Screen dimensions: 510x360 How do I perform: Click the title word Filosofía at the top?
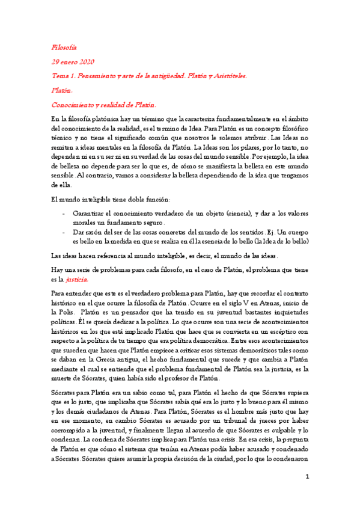point(64,47)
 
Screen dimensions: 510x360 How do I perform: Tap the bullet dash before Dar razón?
point(64,232)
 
